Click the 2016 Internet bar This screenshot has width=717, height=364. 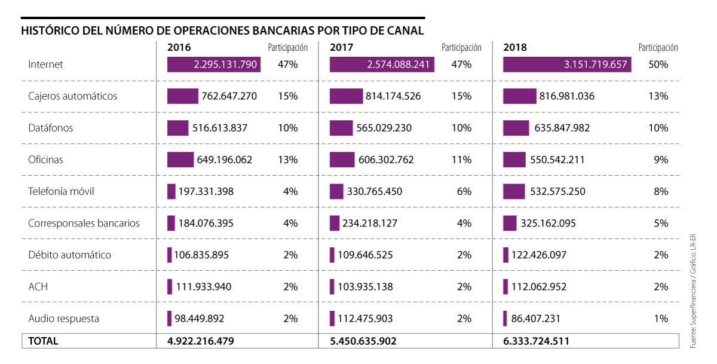coord(214,64)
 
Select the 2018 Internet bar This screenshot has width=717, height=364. coord(567,64)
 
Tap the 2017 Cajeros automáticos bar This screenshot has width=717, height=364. coord(346,96)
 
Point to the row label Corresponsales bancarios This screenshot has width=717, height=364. coord(84,223)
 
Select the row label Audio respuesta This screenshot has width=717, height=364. coord(64,319)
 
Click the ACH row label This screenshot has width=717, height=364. coord(38,287)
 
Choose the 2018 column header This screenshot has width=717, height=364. coord(515,47)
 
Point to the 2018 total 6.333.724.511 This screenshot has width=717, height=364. coord(536,341)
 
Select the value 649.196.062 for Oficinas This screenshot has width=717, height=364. coord(224,160)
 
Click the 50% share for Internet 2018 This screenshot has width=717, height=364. coord(658,64)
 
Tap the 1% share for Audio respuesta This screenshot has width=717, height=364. coord(661,319)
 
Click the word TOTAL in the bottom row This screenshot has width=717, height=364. coord(43,341)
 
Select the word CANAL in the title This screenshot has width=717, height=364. coord(404,30)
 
